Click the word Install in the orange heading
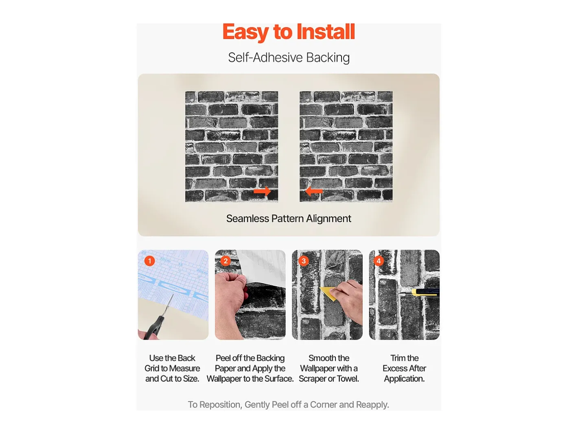click(326, 32)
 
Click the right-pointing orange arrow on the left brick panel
click(262, 191)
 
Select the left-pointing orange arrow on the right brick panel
click(313, 191)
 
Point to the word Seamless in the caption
click(248, 219)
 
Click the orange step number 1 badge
click(149, 261)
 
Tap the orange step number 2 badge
click(226, 261)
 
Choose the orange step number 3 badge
click(304, 261)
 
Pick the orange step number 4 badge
click(379, 261)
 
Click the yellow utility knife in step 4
click(424, 292)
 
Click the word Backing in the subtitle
click(328, 57)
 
